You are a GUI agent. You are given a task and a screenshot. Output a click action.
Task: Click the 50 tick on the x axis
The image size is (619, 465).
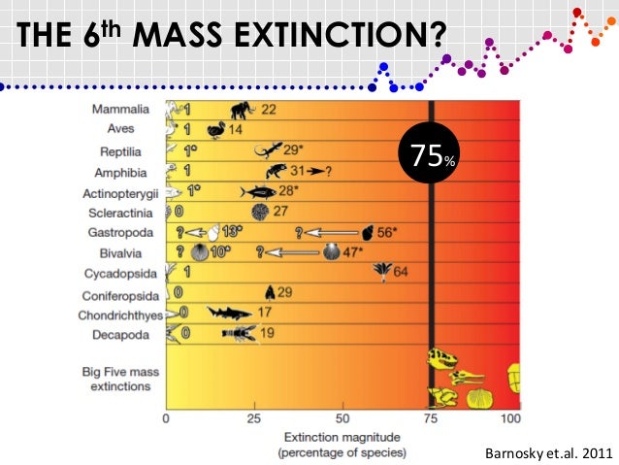coord(342,418)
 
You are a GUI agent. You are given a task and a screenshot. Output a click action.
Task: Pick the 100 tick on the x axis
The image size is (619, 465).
coord(509,418)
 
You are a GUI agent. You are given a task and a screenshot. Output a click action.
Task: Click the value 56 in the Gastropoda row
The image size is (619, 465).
coord(386,233)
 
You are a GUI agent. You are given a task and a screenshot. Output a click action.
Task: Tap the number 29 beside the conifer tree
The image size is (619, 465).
coord(285,292)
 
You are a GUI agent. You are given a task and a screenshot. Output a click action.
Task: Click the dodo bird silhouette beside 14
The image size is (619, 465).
coord(214,129)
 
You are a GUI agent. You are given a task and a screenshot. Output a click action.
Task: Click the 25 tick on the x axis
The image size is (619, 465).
coord(254,418)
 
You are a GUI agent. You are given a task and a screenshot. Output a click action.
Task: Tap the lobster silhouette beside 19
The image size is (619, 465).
coord(239,334)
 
